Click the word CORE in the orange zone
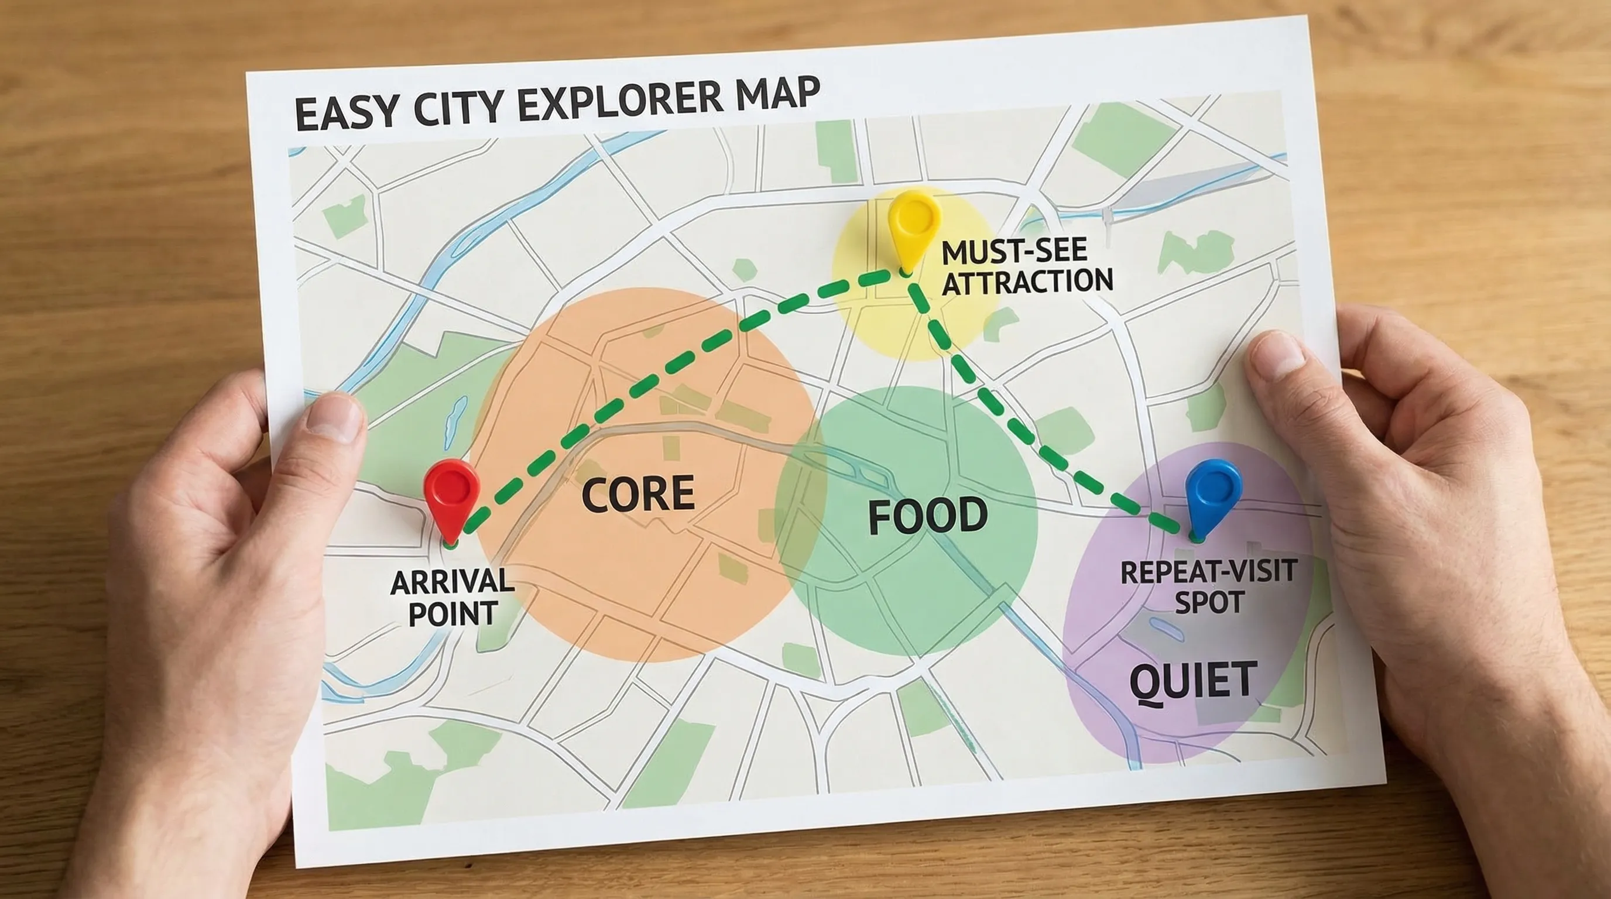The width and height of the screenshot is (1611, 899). point(638,493)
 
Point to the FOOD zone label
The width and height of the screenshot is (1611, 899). point(927,516)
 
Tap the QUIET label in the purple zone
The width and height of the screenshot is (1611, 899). point(1192,681)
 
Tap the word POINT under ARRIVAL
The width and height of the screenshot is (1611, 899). point(453,614)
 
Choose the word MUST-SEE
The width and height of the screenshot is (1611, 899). point(1014,251)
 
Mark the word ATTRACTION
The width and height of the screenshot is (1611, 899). point(1027,282)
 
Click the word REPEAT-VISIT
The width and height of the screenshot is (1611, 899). point(1208,572)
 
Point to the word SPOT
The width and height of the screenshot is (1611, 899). point(1209,603)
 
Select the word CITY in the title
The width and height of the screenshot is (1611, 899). point(458,108)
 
